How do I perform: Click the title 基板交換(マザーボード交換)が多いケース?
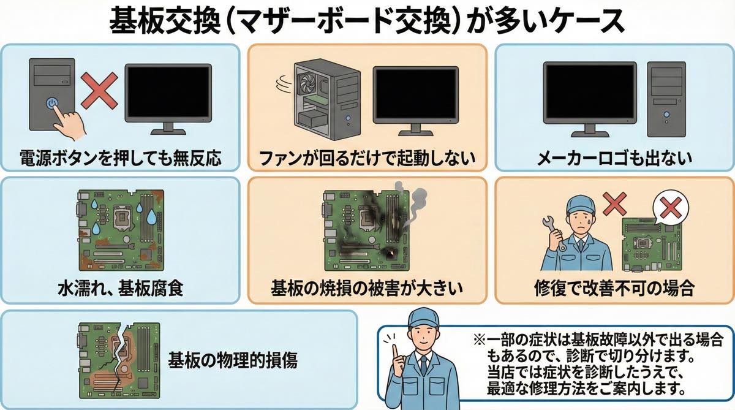367,21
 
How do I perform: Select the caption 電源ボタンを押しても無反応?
120,158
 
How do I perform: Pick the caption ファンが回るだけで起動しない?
367,158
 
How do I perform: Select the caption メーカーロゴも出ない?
614,158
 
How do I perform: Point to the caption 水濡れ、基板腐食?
120,287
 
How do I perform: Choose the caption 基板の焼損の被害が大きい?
367,287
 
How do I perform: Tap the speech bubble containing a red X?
671,210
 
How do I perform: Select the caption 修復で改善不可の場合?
614,287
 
